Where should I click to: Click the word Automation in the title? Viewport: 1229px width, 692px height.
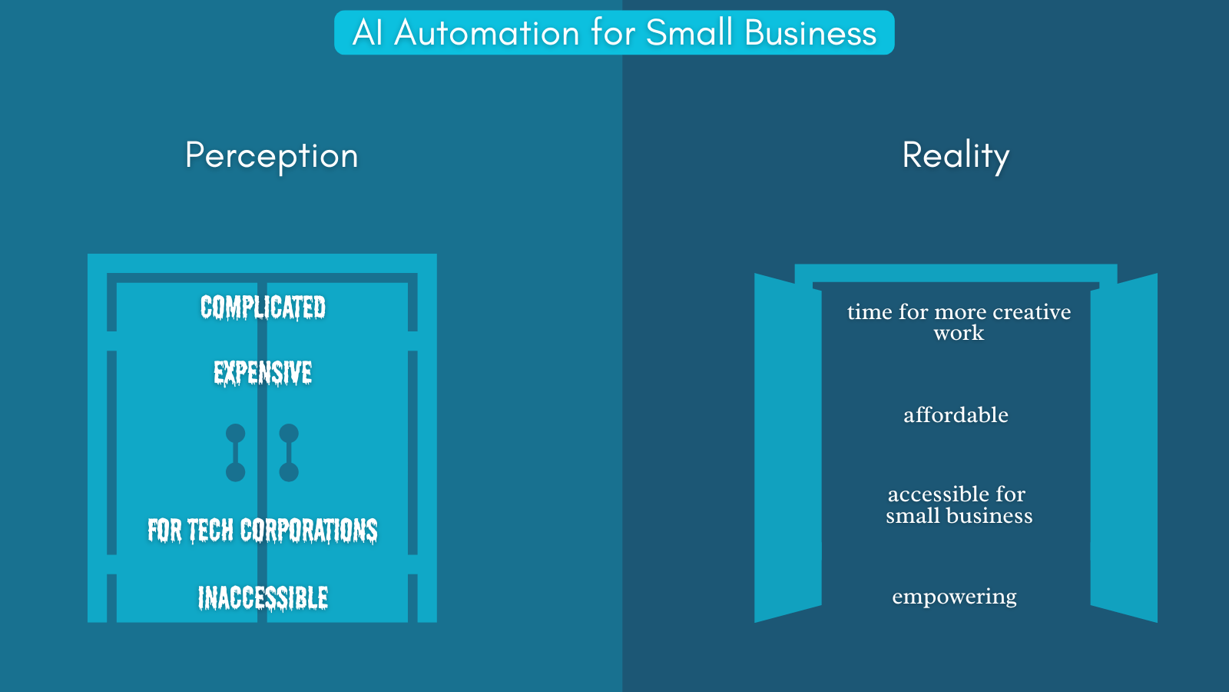click(487, 32)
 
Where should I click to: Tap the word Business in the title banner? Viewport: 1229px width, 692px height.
click(810, 32)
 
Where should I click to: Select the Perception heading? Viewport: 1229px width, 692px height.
click(272, 156)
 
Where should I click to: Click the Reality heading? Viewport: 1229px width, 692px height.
click(956, 156)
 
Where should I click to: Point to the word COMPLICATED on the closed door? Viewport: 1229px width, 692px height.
click(263, 307)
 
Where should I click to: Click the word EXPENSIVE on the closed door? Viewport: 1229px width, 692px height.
click(263, 373)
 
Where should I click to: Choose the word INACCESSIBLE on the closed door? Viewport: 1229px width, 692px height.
click(263, 597)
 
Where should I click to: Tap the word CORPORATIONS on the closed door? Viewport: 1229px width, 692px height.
click(309, 531)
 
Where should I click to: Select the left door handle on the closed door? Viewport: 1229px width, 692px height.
click(235, 453)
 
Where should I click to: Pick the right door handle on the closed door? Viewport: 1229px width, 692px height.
click(289, 453)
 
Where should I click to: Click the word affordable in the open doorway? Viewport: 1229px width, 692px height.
click(956, 414)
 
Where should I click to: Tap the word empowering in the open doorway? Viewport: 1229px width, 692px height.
click(954, 597)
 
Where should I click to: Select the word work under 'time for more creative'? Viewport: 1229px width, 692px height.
click(959, 333)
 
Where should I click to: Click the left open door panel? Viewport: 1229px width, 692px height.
click(788, 447)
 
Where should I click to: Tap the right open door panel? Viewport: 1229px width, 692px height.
click(1124, 447)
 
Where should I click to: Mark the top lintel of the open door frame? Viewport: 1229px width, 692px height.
click(956, 273)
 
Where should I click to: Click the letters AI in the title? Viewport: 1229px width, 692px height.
click(367, 32)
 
